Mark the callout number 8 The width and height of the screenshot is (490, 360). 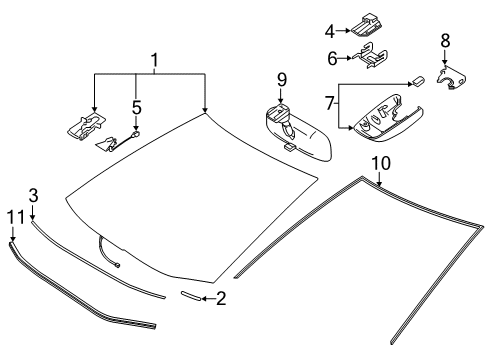tap(445, 41)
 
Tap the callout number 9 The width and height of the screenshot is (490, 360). tap(282, 79)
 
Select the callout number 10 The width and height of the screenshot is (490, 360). tap(378, 162)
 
